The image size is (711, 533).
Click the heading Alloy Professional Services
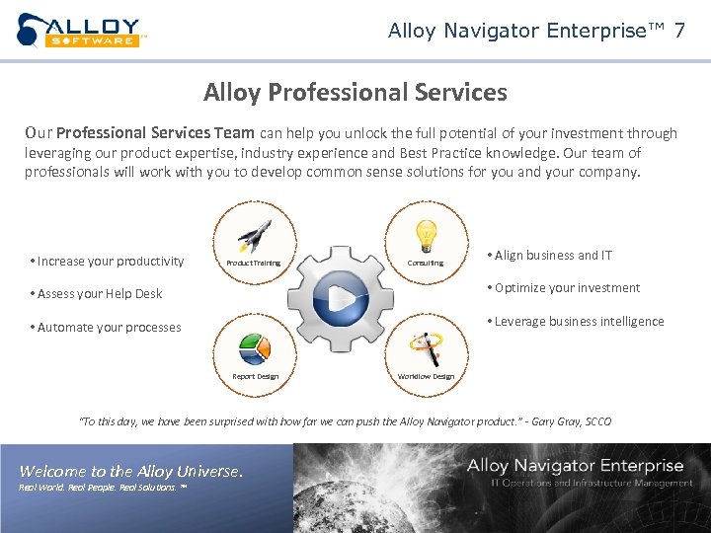click(x=355, y=93)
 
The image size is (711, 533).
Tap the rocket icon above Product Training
click(x=254, y=236)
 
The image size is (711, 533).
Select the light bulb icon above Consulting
click(x=426, y=235)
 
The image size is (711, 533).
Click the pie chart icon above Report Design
click(x=254, y=348)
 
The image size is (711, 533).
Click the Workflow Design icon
click(x=427, y=347)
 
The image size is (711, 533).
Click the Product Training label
click(x=254, y=264)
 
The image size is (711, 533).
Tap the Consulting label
click(x=426, y=264)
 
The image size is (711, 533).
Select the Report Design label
click(x=255, y=376)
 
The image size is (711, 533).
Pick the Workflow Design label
click(x=426, y=376)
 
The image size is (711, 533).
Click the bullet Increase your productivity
click(x=108, y=262)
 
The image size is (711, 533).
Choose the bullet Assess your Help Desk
click(x=97, y=294)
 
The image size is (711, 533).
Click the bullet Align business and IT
click(x=550, y=256)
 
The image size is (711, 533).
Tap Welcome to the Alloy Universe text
click(x=130, y=471)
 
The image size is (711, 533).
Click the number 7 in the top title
click(x=678, y=31)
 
